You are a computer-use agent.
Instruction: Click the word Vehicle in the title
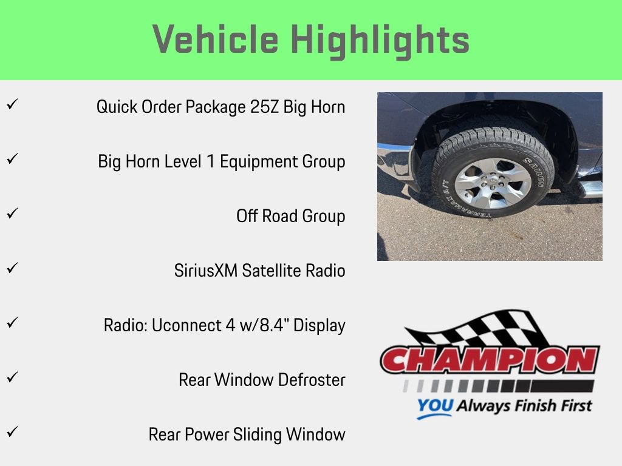coord(216,40)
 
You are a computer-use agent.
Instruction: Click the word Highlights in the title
coord(380,40)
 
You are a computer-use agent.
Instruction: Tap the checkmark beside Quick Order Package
coord(11,104)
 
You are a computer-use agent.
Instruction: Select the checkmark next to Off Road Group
coord(11,214)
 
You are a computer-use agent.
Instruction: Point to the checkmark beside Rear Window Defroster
coord(11,377)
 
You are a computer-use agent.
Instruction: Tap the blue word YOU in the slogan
coord(434,406)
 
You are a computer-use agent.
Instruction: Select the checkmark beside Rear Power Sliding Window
coord(11,432)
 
